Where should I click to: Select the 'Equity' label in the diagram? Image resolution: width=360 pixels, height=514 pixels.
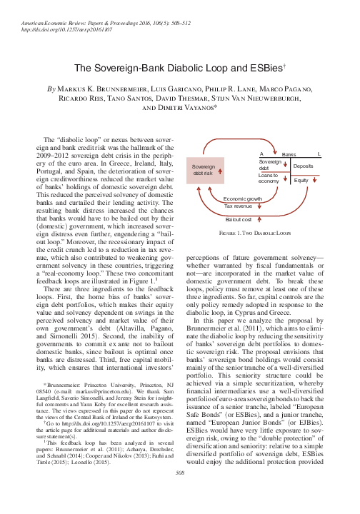click(301, 181)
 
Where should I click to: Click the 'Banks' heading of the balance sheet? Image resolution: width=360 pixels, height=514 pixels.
click(289, 154)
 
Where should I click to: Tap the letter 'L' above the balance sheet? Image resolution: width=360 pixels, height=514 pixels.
click(319, 154)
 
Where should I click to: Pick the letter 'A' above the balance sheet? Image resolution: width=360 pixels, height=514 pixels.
click(261, 154)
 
